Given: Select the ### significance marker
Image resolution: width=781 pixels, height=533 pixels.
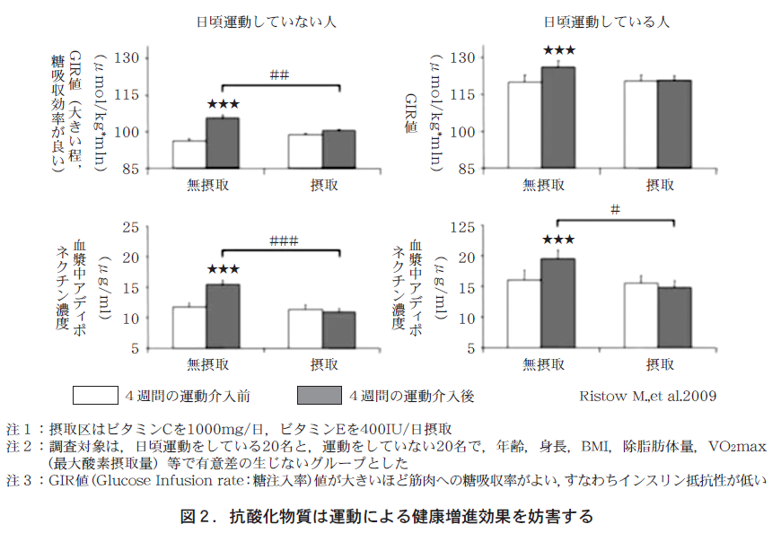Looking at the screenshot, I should click(x=283, y=240).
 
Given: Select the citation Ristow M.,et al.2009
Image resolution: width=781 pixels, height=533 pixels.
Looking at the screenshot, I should click(x=648, y=396).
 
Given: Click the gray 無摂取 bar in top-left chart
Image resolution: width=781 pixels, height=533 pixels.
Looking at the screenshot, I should click(x=223, y=143).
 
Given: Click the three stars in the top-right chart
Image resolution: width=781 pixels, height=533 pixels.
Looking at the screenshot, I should click(x=557, y=51).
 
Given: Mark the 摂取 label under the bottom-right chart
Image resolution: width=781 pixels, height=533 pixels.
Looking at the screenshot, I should click(x=660, y=364).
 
